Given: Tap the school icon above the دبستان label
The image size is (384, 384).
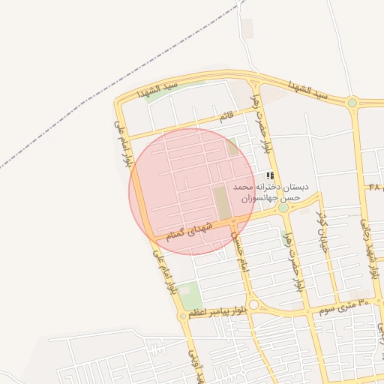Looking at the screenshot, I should (x=270, y=175).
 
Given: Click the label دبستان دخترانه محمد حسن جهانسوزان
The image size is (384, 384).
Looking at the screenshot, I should (x=271, y=191).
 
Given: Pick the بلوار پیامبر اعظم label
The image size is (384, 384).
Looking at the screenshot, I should (x=217, y=310).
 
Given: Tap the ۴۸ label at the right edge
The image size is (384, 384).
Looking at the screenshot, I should (x=374, y=186).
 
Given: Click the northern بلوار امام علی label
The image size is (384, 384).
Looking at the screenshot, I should (x=124, y=143).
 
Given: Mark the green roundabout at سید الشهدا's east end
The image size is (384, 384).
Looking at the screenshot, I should (x=352, y=103).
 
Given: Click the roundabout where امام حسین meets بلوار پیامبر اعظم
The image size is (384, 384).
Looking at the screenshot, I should (x=253, y=304).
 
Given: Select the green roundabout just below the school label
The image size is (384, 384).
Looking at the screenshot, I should (x=283, y=208).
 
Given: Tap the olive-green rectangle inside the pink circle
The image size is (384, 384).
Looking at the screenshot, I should (x=223, y=202).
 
